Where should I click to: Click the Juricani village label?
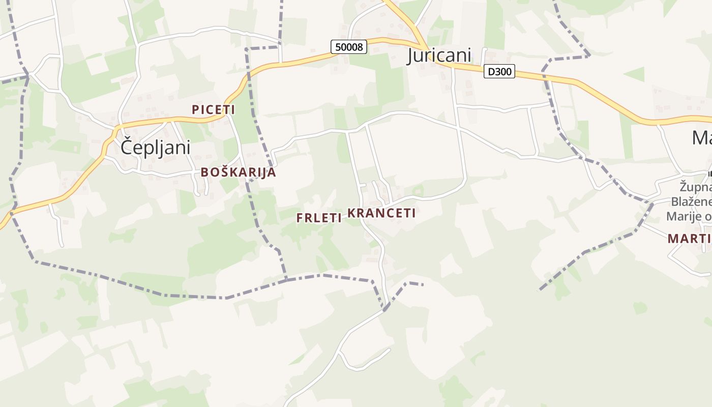[439, 55]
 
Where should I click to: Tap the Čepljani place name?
[156, 148]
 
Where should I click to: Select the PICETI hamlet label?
[214, 109]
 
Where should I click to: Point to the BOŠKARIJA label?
[238, 172]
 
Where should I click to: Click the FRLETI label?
[319, 218]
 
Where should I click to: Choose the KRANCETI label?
[381, 213]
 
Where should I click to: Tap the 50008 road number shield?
[349, 47]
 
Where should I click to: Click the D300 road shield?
[499, 72]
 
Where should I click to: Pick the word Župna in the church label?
[696, 187]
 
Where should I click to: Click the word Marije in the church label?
[685, 217]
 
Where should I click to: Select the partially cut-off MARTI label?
[690, 238]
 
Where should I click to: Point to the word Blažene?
[692, 201]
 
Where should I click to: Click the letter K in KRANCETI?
[351, 213]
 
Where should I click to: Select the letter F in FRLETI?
[300, 218]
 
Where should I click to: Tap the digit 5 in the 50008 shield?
[338, 47]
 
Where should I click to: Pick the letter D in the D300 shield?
[491, 72]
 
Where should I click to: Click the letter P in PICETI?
[195, 109]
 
